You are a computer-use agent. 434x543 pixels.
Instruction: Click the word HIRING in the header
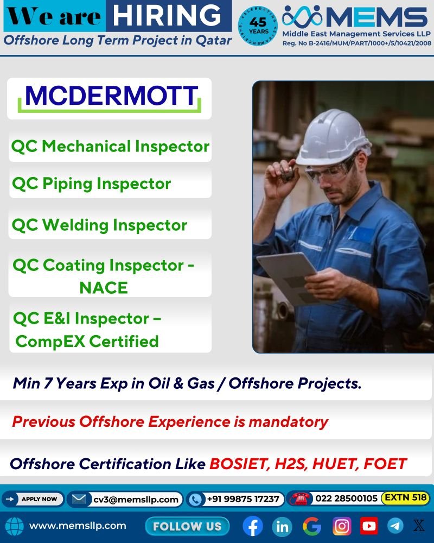click(167, 16)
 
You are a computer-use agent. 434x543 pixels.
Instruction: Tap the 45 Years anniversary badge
click(258, 26)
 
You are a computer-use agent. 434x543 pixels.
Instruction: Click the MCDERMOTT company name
click(111, 96)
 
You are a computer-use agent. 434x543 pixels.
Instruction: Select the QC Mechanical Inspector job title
click(110, 147)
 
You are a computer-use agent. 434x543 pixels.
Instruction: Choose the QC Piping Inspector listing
click(91, 184)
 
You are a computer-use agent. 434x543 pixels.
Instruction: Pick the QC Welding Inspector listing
click(99, 225)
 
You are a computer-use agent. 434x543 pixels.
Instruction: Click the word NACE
click(104, 288)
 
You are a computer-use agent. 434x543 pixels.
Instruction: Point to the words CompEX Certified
click(87, 342)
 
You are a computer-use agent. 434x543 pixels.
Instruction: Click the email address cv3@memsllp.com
click(136, 500)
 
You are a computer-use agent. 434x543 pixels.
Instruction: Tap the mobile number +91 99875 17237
click(243, 499)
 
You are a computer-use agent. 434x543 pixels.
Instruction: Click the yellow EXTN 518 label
click(405, 498)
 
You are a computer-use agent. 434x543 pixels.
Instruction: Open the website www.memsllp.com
click(78, 526)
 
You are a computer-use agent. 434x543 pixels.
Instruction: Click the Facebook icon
click(253, 526)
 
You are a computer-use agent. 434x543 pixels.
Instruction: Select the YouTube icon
click(369, 526)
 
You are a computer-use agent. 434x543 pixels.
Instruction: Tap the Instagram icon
click(342, 526)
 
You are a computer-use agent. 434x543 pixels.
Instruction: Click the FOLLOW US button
click(187, 526)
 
